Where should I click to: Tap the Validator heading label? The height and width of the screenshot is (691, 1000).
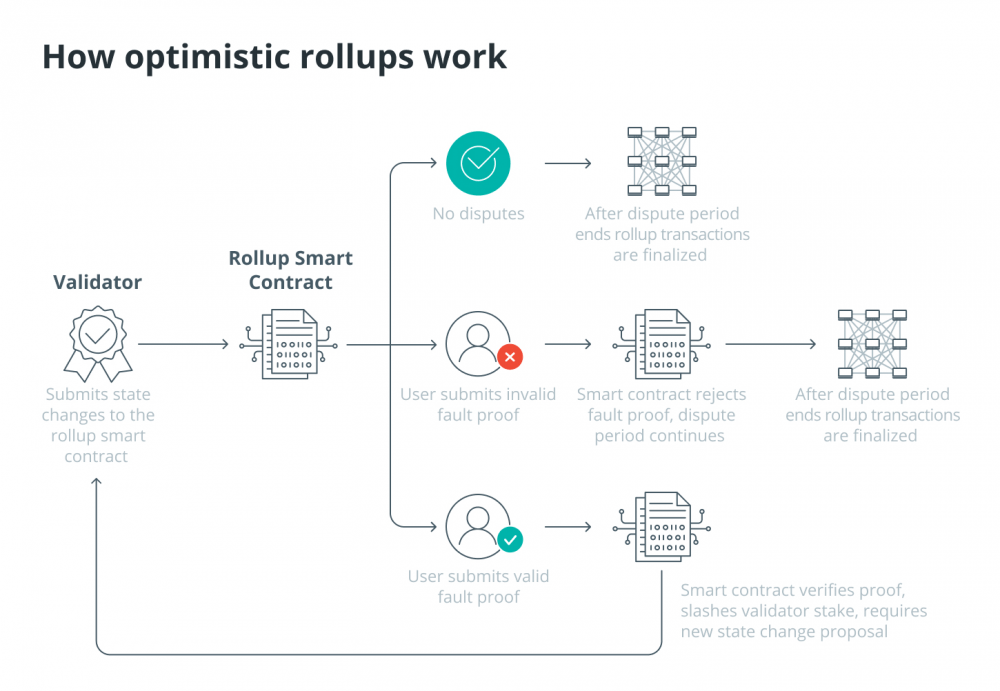click(98, 282)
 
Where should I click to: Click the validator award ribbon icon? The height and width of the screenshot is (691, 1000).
click(98, 344)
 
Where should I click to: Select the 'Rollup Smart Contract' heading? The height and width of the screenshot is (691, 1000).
click(290, 270)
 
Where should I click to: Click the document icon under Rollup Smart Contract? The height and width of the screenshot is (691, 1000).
click(289, 344)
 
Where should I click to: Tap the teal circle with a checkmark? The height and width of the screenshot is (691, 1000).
click(478, 163)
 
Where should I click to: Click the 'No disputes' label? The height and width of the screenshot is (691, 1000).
click(478, 214)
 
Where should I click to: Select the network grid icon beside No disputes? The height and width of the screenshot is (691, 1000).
click(662, 161)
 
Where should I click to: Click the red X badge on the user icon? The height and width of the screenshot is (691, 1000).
click(510, 357)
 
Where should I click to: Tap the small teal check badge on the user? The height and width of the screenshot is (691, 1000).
click(510, 540)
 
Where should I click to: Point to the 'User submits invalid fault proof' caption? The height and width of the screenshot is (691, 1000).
click(478, 405)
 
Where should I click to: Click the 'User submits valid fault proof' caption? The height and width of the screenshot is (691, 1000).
click(478, 586)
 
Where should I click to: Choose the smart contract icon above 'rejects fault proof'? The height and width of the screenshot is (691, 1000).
click(662, 344)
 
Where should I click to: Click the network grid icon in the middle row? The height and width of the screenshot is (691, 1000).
click(872, 344)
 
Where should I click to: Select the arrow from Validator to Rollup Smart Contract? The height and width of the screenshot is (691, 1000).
click(183, 345)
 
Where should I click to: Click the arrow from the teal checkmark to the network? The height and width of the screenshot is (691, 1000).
click(568, 163)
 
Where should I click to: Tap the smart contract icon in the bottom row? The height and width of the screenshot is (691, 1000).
click(662, 527)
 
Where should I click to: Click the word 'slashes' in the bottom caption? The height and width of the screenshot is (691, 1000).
click(710, 611)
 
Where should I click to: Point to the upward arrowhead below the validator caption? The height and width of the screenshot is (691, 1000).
click(96, 482)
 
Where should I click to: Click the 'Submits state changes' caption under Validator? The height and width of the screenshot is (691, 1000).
click(98, 425)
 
